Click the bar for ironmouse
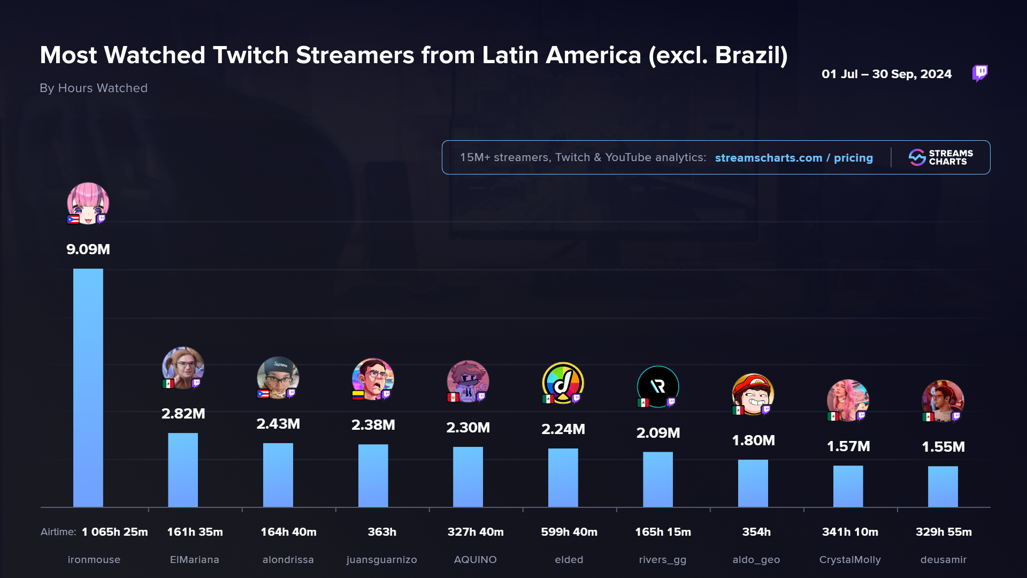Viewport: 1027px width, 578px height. [88, 387]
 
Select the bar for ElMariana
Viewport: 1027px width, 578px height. [183, 469]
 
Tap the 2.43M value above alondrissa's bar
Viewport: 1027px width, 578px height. [278, 424]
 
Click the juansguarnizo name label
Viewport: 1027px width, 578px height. [381, 559]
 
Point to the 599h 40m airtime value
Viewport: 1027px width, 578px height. [569, 532]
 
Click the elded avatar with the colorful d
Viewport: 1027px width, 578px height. [563, 383]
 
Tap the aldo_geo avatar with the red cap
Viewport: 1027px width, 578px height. [753, 394]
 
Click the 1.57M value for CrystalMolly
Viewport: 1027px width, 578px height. [848, 446]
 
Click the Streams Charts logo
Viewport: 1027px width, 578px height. [941, 157]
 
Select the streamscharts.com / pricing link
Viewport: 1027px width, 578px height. [794, 158]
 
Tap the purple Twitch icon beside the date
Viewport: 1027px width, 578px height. [980, 73]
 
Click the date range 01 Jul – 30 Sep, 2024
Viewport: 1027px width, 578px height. [886, 74]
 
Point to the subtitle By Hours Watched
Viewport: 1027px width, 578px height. [94, 88]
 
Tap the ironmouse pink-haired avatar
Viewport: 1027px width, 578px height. [88, 202]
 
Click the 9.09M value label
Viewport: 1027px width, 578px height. [88, 249]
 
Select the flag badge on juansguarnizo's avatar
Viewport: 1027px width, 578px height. [358, 395]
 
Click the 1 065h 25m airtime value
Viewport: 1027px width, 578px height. [114, 532]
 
